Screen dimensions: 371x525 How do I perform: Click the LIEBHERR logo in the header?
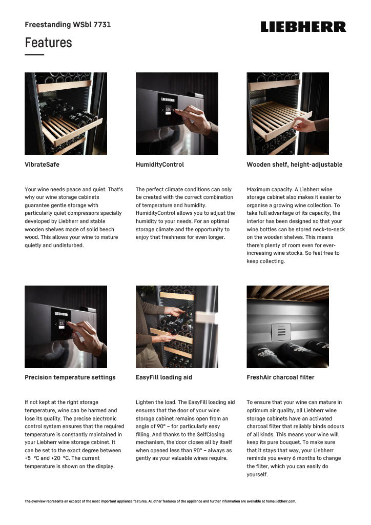[x=303, y=27]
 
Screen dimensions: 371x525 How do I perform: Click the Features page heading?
[x=49, y=43]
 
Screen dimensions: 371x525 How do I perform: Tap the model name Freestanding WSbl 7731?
[x=68, y=25]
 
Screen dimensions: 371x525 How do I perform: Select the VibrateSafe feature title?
[x=42, y=165]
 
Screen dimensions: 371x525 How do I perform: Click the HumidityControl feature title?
[x=160, y=165]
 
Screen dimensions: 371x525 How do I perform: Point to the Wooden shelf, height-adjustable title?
[x=294, y=165]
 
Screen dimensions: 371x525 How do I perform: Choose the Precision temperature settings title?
[x=70, y=377]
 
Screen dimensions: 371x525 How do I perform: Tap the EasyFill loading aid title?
[x=164, y=377]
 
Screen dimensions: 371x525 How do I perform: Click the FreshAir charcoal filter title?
[x=280, y=377]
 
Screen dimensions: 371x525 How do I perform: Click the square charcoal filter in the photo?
[x=281, y=332]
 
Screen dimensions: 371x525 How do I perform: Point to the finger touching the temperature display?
[x=70, y=325]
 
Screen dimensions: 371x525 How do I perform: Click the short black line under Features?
[x=34, y=55]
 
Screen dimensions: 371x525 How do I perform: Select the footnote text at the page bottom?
[x=160, y=501]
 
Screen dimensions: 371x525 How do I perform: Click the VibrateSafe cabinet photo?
[x=66, y=113]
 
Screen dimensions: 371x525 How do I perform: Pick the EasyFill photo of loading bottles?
[x=177, y=327]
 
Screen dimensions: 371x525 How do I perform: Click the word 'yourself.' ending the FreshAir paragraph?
[x=257, y=474]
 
